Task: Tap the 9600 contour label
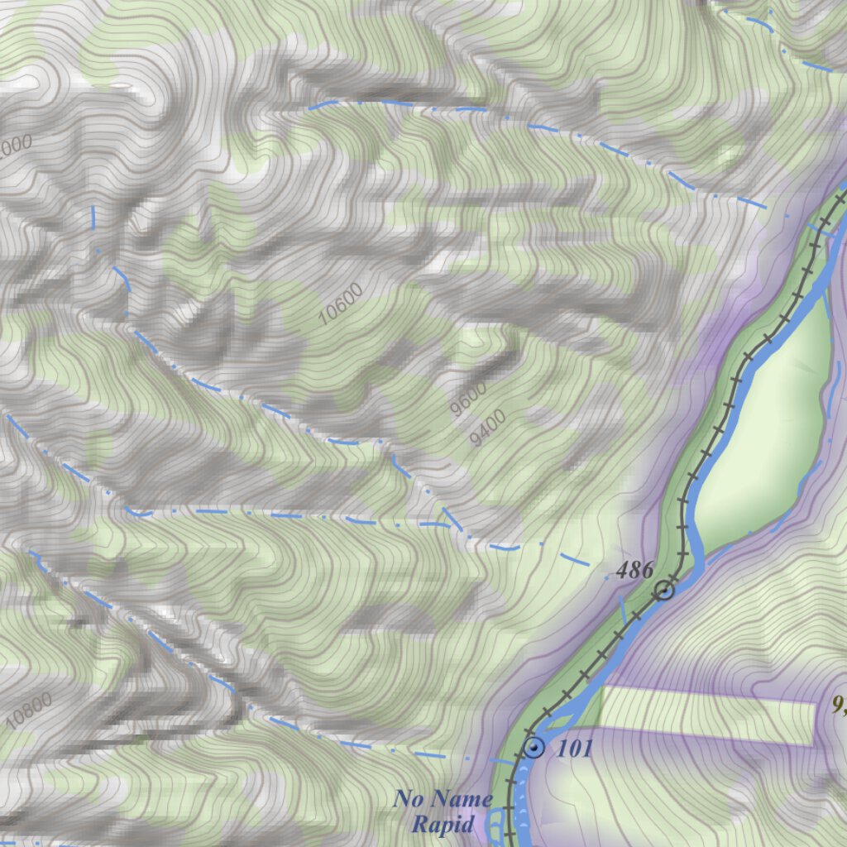468,400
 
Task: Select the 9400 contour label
487,428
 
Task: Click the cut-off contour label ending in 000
16,147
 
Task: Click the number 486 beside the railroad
634,569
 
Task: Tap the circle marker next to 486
663,590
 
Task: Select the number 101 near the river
575,749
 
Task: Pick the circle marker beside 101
535,749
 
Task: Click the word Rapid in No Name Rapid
443,824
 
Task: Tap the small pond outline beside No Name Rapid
495,824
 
